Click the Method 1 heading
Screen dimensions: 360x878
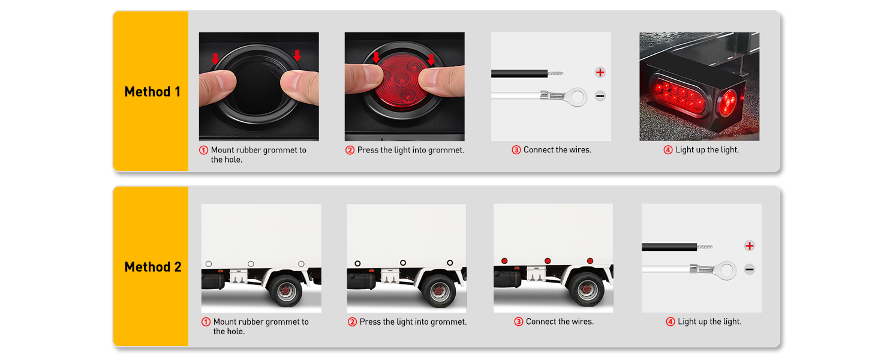[152, 92]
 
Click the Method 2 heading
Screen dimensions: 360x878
[153, 267]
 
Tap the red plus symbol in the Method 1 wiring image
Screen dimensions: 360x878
[600, 73]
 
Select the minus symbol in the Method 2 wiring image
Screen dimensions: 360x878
[749, 270]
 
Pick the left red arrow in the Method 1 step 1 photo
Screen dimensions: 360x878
[215, 58]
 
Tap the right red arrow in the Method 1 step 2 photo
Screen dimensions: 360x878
[431, 59]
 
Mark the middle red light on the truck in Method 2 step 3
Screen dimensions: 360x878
[548, 261]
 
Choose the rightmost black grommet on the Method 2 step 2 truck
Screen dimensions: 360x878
[450, 263]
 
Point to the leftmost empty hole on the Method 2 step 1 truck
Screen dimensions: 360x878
[208, 263]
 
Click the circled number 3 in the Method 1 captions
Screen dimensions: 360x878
[516, 150]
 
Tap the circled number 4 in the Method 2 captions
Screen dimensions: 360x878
[670, 322]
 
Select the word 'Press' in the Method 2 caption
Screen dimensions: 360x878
[371, 322]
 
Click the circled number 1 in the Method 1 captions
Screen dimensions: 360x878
[203, 150]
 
